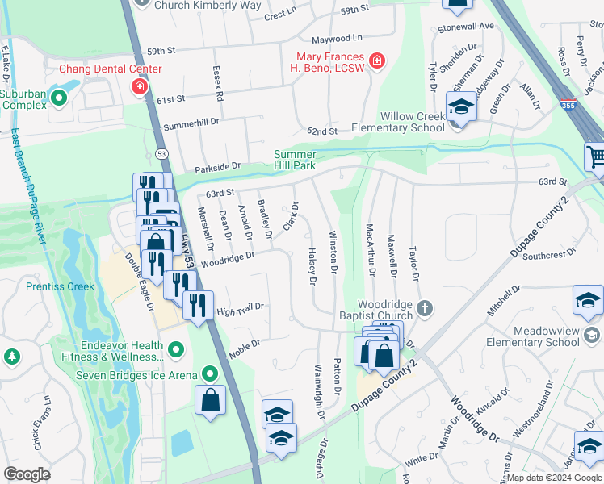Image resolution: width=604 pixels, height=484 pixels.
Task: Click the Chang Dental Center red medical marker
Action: [x=140, y=86]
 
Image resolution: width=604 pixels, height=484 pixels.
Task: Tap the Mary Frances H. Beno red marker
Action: [x=376, y=60]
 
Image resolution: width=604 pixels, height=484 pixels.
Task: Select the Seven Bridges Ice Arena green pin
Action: [x=210, y=373]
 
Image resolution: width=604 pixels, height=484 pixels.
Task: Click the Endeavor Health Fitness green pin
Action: [x=177, y=349]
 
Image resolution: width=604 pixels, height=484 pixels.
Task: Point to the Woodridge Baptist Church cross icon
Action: [x=426, y=307]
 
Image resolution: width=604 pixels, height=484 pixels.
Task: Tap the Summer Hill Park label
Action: [x=305, y=160]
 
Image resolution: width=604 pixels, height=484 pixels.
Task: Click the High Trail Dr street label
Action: [x=241, y=309]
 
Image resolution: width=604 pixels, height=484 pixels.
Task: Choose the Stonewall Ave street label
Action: [x=465, y=26]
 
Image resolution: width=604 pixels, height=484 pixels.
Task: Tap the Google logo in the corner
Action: [x=27, y=474]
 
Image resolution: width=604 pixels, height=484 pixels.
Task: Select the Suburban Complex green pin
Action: [x=58, y=98]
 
